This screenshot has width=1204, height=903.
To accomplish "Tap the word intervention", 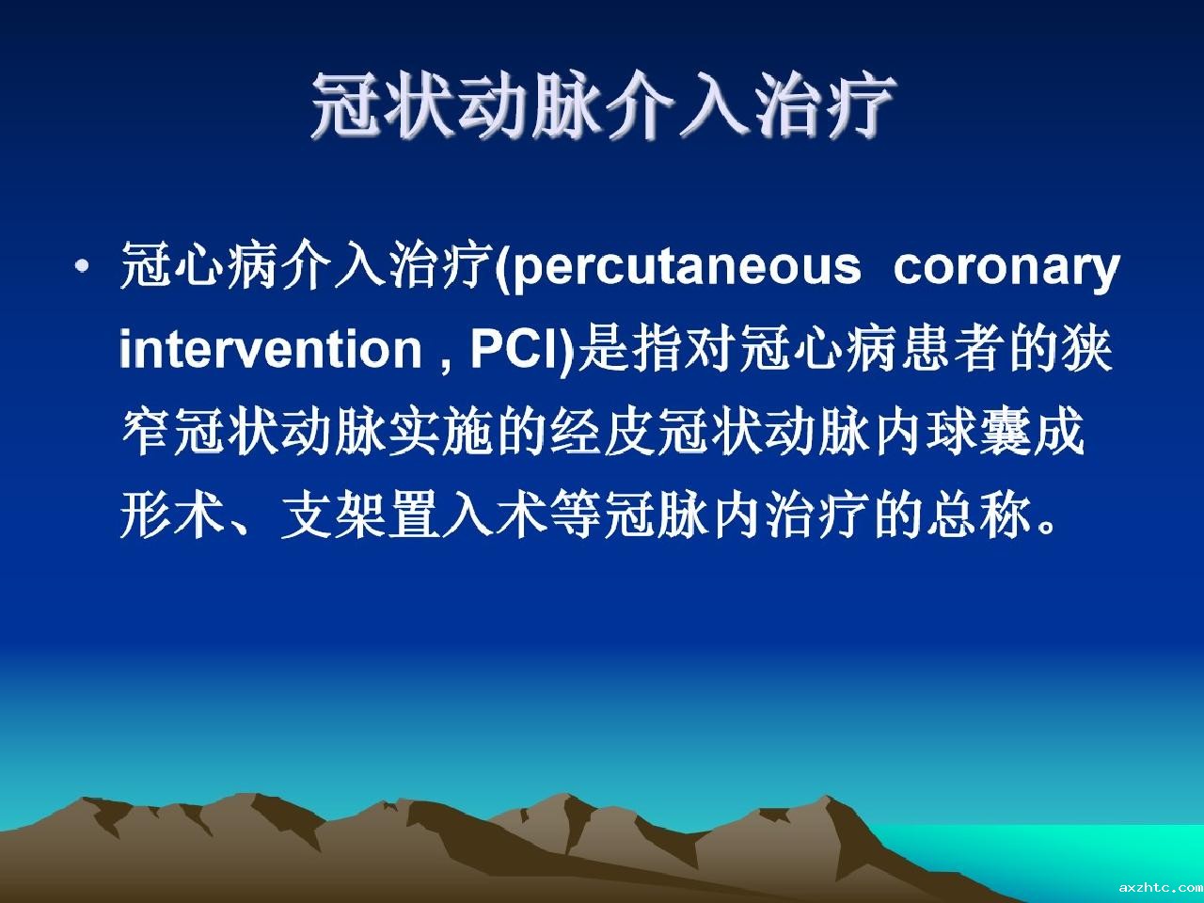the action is tap(271, 349).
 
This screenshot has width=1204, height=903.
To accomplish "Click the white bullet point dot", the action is tap(83, 267).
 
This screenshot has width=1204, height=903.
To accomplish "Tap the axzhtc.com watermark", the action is tap(1161, 887).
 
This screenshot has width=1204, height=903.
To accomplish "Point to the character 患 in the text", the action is tap(926, 348).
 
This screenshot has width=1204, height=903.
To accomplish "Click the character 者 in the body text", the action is tap(979, 348).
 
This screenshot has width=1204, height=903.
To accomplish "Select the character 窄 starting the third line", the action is tap(147, 432).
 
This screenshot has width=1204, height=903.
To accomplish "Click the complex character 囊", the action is tap(1006, 432).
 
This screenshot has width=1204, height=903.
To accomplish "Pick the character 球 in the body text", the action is tap(952, 432).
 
